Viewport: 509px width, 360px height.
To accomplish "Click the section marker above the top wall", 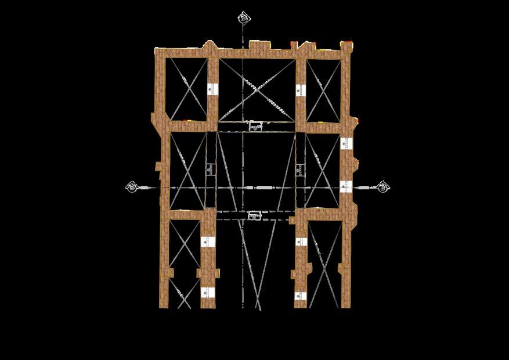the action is pos(244,18).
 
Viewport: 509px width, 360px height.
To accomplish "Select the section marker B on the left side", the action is pos(132,187).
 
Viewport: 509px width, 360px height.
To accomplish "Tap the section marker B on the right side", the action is pos(383,186).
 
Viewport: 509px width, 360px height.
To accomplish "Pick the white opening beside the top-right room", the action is pos(300,90).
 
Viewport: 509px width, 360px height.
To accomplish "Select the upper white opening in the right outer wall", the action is pos(346,142).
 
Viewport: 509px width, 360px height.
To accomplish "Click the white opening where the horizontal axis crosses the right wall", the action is pos(346,186).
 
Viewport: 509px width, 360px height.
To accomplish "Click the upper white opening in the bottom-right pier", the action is pos(300,241).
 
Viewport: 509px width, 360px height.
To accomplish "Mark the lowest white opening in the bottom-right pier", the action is pos(300,296).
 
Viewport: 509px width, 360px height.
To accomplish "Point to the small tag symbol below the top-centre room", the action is pos(255,126).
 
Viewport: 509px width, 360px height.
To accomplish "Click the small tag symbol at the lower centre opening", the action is pos(254,215).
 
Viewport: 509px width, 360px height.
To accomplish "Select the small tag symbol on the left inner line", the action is pos(210,169).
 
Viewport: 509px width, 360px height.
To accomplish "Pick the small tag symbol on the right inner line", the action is pos(299,170).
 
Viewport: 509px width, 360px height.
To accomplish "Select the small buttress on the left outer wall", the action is pos(158,167).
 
